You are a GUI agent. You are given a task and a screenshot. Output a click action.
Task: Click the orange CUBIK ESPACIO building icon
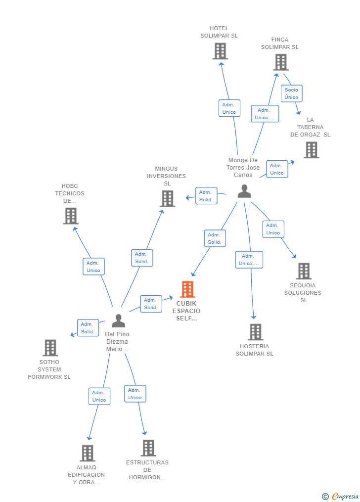click(x=187, y=289)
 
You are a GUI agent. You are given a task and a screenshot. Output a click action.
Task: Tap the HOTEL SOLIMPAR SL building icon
click(x=220, y=51)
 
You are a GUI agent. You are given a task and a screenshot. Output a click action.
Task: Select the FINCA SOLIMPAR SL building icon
click(x=281, y=62)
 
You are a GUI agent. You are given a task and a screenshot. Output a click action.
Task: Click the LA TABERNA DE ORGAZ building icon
click(x=312, y=150)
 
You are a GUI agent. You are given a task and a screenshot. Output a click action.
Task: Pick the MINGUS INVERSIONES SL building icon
click(x=168, y=198)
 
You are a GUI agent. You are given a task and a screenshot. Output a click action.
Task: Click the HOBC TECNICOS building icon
click(x=71, y=216)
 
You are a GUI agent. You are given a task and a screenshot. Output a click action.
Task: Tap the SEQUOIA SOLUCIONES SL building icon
click(x=304, y=271)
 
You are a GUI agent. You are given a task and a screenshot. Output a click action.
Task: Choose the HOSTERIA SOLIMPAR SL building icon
click(x=255, y=332)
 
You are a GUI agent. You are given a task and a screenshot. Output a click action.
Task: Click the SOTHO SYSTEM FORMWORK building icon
click(x=50, y=348)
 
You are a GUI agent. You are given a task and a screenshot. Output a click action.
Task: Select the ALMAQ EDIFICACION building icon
click(x=88, y=453)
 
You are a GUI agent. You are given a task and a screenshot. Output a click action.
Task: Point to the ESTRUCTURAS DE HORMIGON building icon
click(x=148, y=448)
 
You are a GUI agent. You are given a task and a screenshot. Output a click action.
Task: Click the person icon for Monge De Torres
click(x=244, y=191)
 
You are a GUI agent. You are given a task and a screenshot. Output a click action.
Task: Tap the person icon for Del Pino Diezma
click(x=118, y=321)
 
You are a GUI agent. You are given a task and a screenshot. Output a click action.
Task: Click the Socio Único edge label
click(x=291, y=93)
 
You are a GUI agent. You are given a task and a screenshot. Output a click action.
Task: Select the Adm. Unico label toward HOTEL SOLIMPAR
click(x=229, y=108)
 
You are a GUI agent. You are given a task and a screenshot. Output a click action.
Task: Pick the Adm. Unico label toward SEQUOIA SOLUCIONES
click(x=273, y=229)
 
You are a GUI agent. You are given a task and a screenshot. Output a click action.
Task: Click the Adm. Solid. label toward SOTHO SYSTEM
click(x=88, y=328)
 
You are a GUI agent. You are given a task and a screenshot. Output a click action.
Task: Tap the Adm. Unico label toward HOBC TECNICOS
click(x=93, y=267)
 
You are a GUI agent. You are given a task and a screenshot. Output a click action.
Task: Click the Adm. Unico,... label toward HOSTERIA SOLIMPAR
click(x=249, y=260)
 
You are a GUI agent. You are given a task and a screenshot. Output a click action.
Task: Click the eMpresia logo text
click(x=345, y=496)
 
